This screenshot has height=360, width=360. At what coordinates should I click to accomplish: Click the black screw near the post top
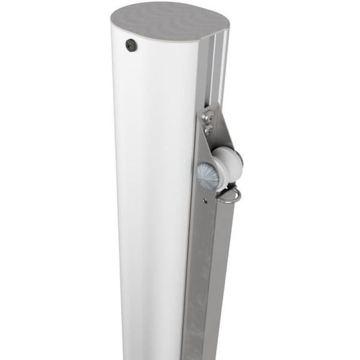click(130, 45)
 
